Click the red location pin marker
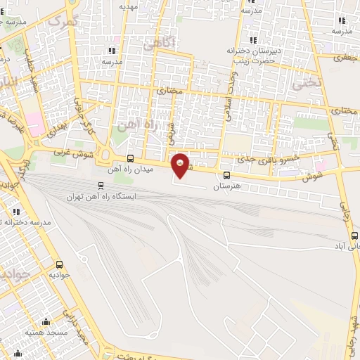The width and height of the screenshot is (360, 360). [x=181, y=165]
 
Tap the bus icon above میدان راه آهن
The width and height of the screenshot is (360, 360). [x=129, y=159]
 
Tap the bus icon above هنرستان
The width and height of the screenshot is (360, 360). [x=226, y=176]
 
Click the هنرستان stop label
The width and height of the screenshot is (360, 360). [x=226, y=187]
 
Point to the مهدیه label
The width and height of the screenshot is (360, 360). [x=127, y=6]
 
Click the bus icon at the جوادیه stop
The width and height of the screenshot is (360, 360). [x=59, y=265]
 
